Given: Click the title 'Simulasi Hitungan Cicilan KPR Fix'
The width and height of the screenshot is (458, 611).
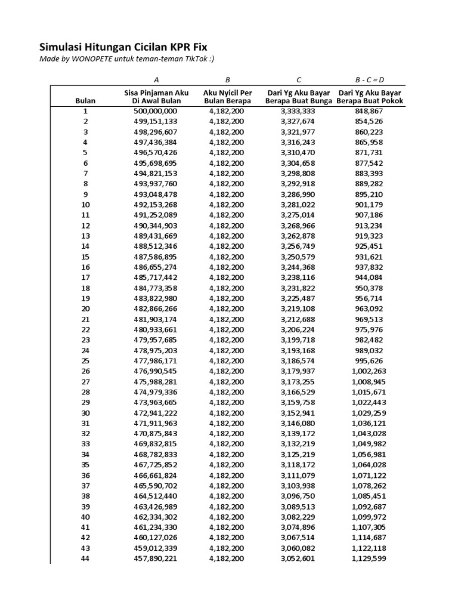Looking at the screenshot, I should [123, 47].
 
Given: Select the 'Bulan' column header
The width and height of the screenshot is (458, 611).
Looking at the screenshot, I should [85, 101].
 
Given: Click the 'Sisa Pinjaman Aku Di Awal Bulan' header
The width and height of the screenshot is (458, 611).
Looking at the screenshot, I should [156, 97].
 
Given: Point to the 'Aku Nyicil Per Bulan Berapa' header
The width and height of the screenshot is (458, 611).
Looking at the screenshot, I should [227, 97].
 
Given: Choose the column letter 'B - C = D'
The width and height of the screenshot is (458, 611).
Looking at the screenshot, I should [369, 79].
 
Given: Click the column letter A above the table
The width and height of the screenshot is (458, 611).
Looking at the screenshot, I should [156, 79].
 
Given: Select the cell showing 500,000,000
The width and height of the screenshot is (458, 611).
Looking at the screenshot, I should [156, 111].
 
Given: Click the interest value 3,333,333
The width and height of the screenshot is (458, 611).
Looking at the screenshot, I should [298, 111].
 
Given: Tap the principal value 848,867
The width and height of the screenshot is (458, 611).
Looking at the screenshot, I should [369, 111].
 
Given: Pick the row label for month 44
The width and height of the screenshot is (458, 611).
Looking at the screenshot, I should [85, 558].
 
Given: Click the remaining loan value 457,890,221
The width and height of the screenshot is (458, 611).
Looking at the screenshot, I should [156, 558].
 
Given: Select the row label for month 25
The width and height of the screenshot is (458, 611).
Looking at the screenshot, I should [85, 361].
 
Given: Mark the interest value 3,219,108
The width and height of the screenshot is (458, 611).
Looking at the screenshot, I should [298, 308].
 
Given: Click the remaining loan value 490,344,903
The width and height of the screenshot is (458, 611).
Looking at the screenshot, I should [156, 226].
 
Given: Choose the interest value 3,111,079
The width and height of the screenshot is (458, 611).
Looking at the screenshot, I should [298, 475].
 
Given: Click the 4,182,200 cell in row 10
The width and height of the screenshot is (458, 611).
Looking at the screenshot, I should [227, 205].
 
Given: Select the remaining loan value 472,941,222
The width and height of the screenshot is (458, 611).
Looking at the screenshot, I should [156, 413].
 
